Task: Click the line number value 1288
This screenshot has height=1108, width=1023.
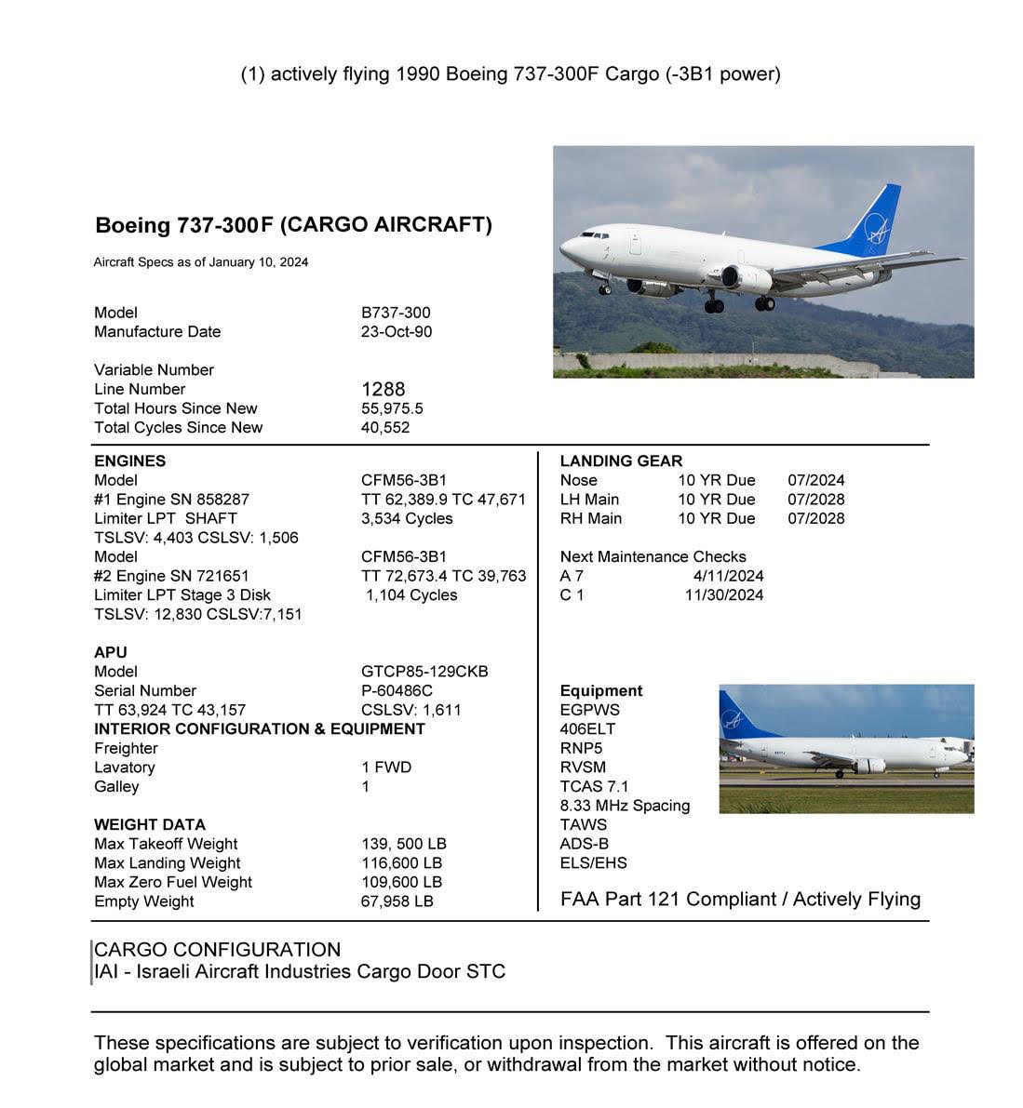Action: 383,389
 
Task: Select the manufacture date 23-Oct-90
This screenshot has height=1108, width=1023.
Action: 396,331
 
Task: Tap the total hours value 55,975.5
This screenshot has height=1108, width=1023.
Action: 392,408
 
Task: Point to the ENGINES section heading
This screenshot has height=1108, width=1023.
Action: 129,461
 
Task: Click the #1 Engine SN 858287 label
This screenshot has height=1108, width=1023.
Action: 171,500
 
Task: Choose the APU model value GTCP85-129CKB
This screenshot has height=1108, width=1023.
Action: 424,672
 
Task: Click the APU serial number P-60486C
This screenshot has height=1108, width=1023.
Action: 397,690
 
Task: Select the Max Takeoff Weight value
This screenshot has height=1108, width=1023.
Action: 403,844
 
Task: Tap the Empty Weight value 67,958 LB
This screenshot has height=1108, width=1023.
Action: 397,901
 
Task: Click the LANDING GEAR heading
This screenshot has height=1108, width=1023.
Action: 621,461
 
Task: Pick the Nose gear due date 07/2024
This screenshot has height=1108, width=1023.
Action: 815,480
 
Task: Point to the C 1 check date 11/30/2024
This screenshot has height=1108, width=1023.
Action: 723,594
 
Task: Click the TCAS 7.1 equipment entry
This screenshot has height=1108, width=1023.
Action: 594,786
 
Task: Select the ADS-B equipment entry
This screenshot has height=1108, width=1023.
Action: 584,844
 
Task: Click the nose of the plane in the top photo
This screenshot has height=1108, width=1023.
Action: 564,247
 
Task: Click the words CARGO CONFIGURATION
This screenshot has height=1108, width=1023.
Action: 217,950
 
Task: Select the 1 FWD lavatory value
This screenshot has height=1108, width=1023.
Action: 385,768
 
